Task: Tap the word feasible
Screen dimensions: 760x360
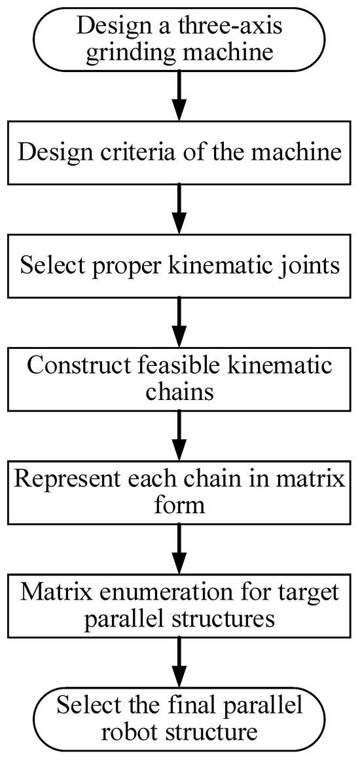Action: point(175,365)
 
